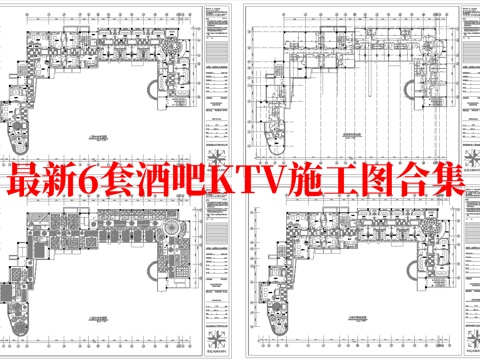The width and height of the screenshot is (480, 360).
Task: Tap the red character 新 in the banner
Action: click(66, 182)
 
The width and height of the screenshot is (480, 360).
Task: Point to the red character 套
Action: click(130, 182)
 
